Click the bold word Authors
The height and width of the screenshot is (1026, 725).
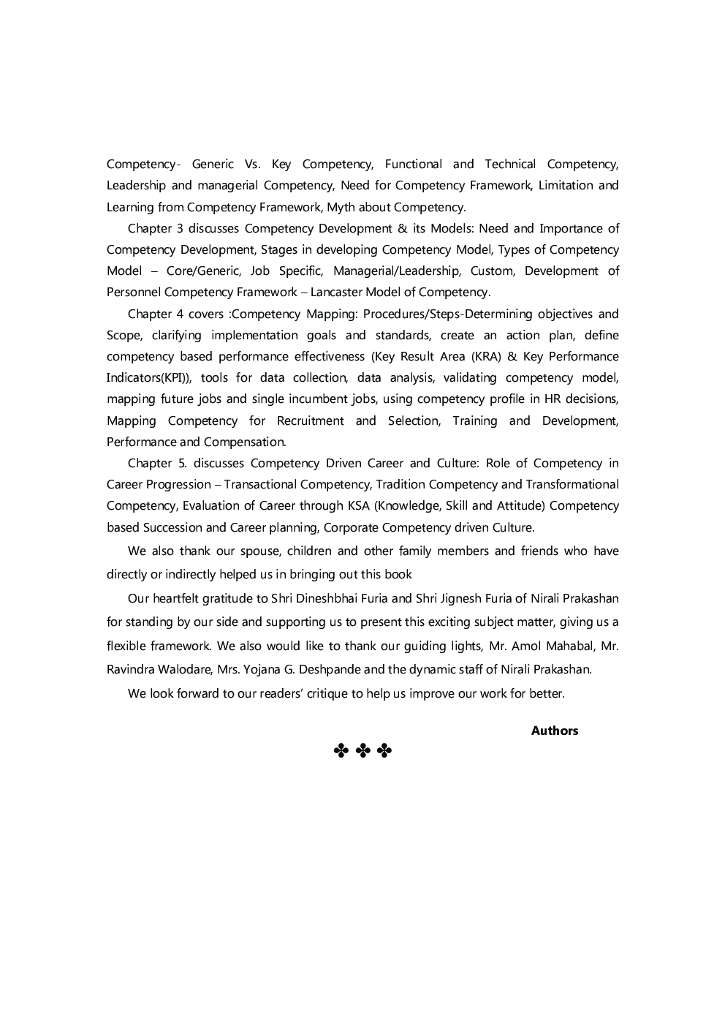tap(554, 731)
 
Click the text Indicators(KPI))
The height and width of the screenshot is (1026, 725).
tap(149, 378)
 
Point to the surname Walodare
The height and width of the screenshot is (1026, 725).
tap(181, 669)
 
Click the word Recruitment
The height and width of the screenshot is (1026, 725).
tap(310, 420)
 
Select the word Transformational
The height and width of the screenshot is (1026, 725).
tap(572, 484)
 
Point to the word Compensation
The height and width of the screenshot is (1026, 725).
tap(245, 442)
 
